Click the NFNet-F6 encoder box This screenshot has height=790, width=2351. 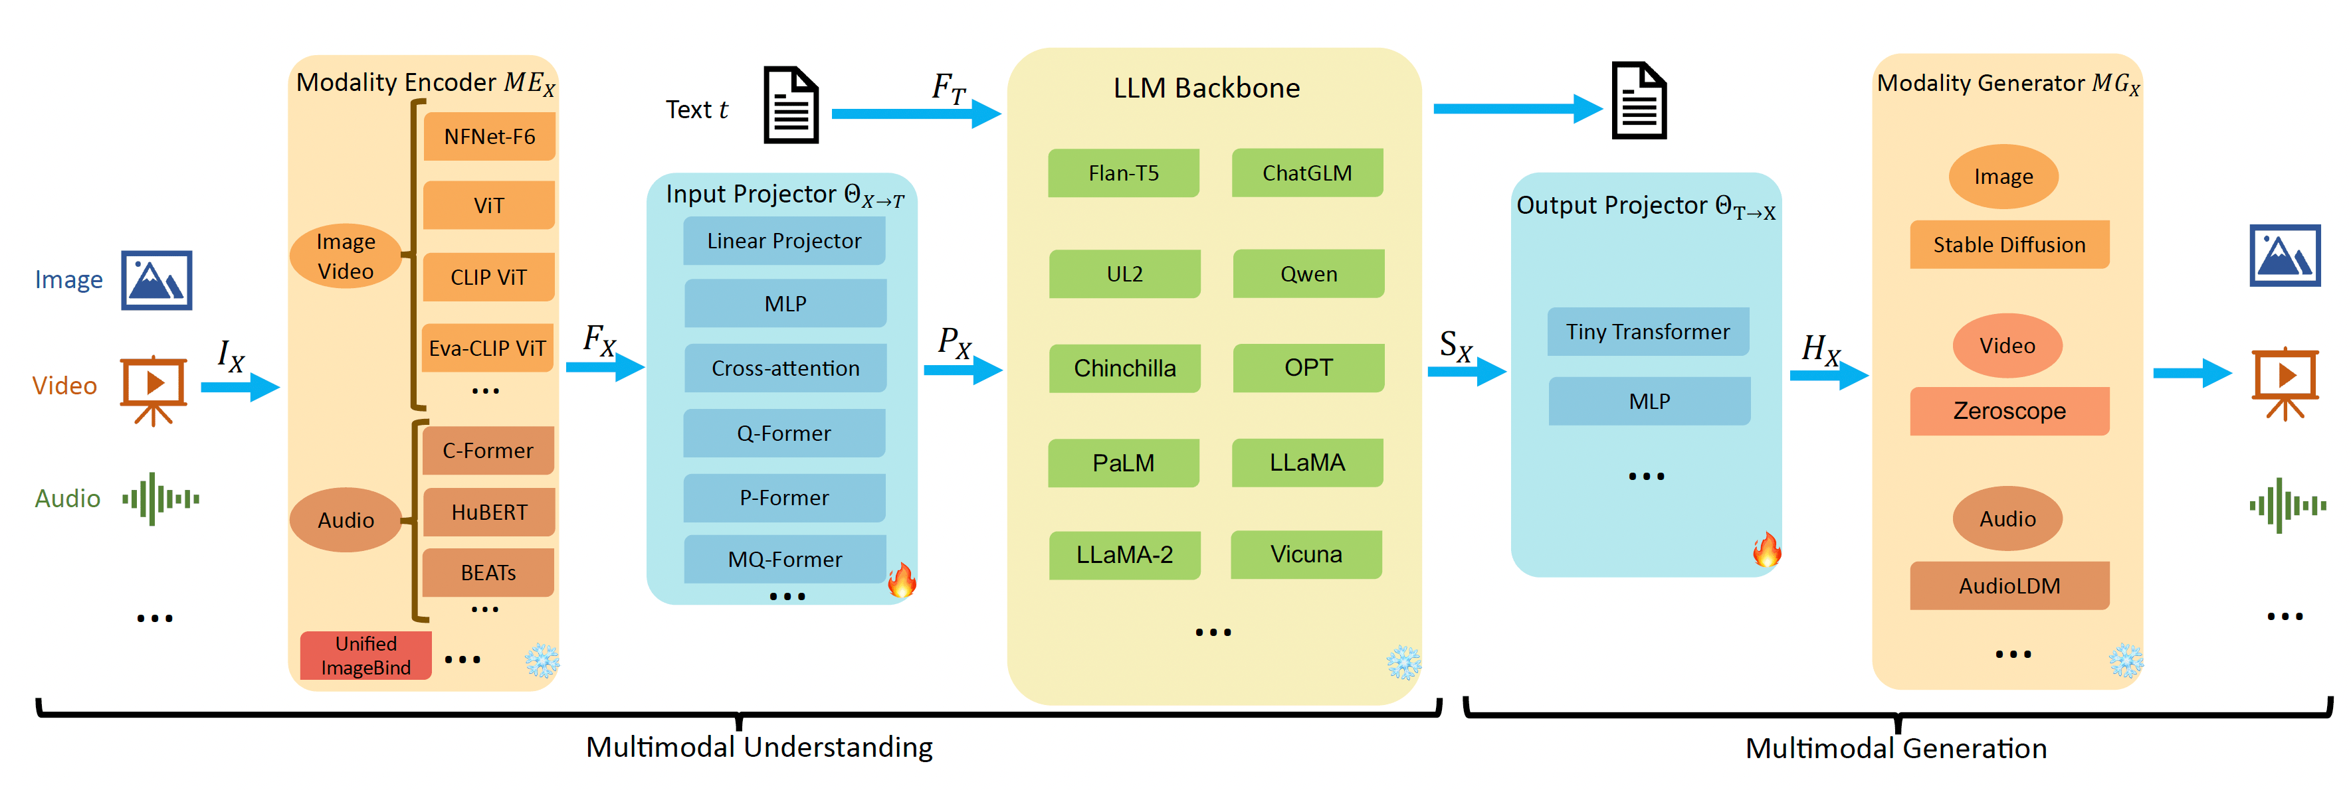click(489, 137)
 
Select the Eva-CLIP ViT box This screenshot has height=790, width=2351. click(487, 348)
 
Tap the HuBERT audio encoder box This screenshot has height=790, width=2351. click(489, 513)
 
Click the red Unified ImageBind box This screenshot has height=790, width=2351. click(366, 656)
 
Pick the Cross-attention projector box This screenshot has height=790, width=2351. click(785, 368)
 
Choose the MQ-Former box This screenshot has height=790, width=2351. click(785, 559)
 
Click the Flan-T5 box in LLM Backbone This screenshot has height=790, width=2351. click(1124, 173)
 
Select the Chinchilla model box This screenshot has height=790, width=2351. click(1124, 368)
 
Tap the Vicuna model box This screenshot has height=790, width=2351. click(1306, 554)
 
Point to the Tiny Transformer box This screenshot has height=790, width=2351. click(1648, 332)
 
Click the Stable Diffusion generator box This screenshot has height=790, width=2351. click(2009, 244)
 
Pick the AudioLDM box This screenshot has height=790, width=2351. click(2009, 586)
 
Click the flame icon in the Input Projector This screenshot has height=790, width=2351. click(902, 580)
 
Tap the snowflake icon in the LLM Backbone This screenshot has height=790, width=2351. click(1403, 663)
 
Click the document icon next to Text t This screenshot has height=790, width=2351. click(791, 105)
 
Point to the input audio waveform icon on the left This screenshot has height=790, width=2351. click(161, 499)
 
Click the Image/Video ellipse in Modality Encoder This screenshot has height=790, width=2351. click(346, 256)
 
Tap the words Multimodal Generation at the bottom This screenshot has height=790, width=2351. click(1896, 749)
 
